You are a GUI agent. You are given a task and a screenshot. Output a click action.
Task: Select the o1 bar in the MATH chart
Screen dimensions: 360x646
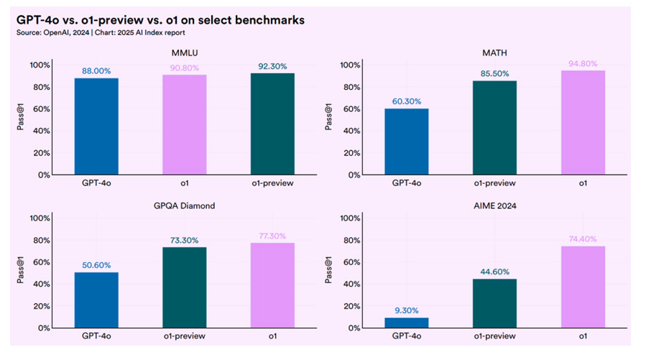pos(583,122)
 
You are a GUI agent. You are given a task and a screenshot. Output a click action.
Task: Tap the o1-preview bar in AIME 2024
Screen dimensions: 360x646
pos(495,303)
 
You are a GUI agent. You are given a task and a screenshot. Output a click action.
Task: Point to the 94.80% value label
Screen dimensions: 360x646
pos(583,63)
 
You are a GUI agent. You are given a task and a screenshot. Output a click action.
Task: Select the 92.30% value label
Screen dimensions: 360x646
pos(273,66)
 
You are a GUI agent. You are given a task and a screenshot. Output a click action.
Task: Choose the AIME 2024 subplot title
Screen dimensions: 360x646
pos(495,206)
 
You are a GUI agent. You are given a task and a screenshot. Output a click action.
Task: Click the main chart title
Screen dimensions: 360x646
pos(160,20)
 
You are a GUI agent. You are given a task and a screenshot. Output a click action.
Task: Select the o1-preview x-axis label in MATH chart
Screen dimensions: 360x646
pos(495,183)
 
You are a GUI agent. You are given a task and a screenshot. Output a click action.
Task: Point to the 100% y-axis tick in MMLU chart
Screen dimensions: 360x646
pos(39,65)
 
